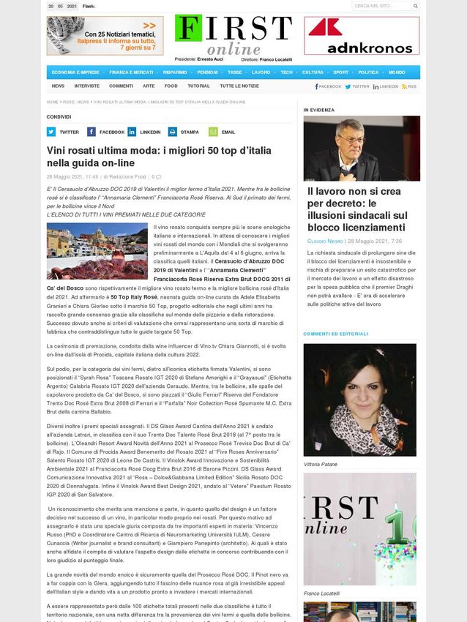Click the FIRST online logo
[233, 35]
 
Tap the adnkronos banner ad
[362, 36]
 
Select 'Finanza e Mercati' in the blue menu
[131, 72]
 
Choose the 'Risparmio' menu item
[175, 72]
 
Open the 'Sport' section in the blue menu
[340, 72]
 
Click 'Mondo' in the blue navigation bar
[397, 72]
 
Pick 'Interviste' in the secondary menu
[86, 86]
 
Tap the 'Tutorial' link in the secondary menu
[198, 86]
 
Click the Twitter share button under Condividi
[64, 132]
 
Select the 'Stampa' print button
[184, 132]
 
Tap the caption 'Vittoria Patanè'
[321, 464]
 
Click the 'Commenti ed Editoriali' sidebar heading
[336, 334]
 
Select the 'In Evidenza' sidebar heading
[319, 110]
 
